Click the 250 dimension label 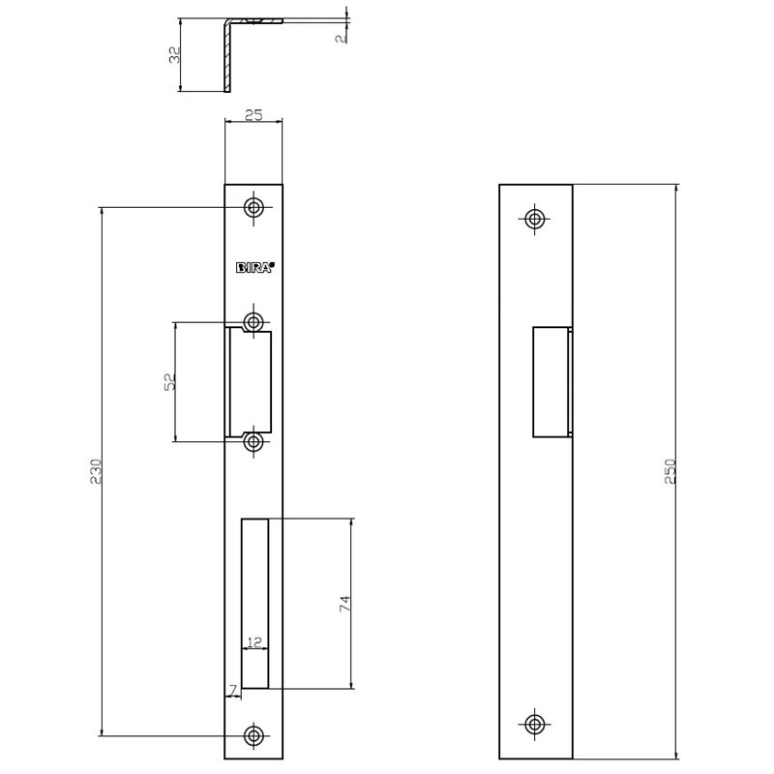coord(669,470)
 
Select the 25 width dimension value coord(253,115)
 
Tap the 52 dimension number coord(169,382)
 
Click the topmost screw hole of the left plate coord(254,208)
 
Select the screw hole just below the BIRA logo coord(254,321)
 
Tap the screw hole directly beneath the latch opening coord(254,442)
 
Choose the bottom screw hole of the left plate coord(254,735)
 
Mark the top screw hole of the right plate coord(534,218)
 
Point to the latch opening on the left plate coord(250,381)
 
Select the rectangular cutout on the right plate coord(551,381)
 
